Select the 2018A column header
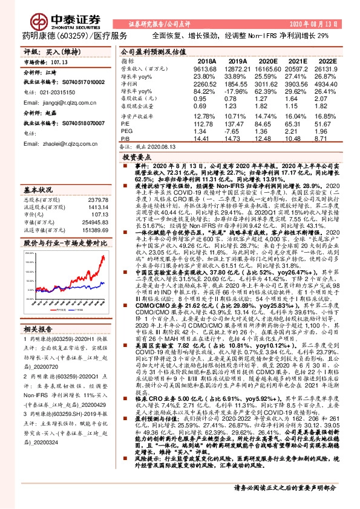pos(206,61)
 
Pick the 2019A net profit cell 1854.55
pos(237,84)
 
